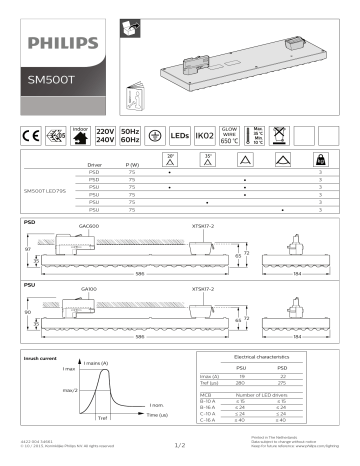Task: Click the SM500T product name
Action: click(49, 76)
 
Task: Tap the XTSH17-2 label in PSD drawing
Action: click(203, 227)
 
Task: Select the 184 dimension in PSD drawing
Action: click(296, 276)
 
